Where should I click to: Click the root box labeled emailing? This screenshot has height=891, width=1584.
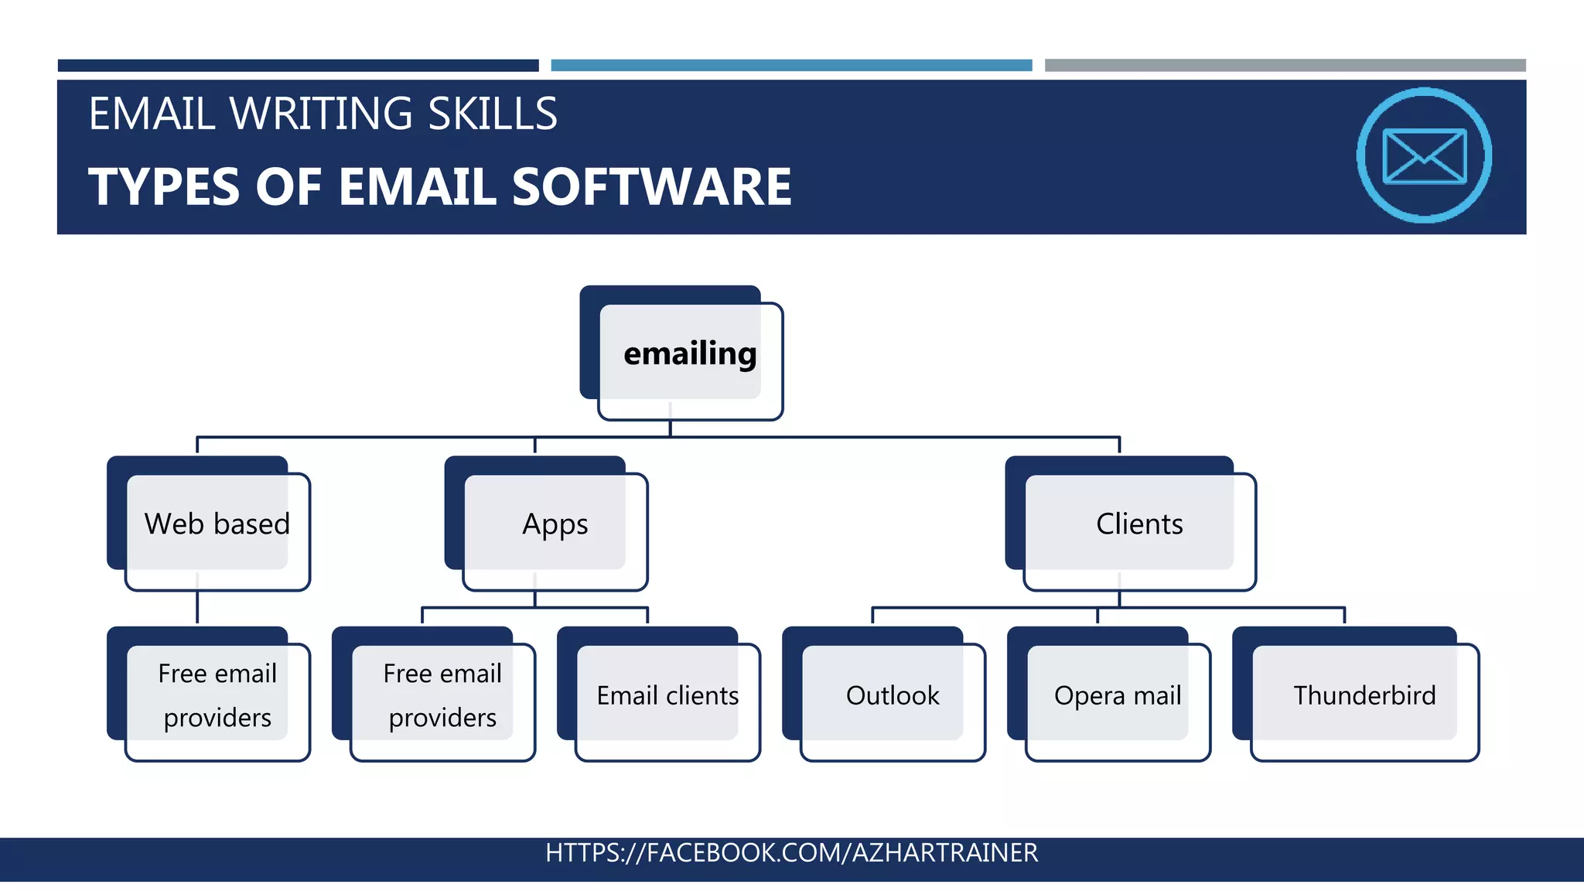tap(689, 353)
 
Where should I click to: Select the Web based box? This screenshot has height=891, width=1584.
tap(217, 524)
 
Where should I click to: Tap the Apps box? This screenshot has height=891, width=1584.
tap(555, 524)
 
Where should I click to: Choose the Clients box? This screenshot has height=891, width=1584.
tap(1138, 524)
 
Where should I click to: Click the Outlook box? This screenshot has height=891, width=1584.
tap(892, 695)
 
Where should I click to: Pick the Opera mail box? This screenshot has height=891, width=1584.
tap(1117, 695)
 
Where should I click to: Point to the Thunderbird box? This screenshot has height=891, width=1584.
tap(1364, 695)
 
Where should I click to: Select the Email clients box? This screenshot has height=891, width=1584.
tap(667, 695)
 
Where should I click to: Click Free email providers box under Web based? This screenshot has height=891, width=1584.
tap(217, 695)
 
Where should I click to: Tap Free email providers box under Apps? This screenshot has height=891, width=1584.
tap(442, 695)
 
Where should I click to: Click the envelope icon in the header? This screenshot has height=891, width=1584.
tap(1424, 155)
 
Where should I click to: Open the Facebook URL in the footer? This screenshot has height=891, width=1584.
tap(791, 852)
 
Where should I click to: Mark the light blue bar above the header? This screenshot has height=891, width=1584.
tap(791, 66)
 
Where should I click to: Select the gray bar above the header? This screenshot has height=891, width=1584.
tap(1285, 66)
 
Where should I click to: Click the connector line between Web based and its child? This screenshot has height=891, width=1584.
tap(197, 607)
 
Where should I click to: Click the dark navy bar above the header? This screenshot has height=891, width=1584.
tap(298, 66)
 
